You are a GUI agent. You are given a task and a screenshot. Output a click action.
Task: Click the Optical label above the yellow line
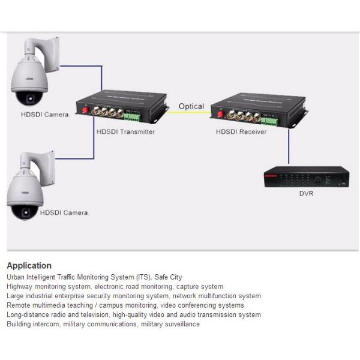[191, 106]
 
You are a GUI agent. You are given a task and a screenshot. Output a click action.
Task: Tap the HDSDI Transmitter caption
[125, 132]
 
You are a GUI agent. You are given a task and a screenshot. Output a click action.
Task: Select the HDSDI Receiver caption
[241, 132]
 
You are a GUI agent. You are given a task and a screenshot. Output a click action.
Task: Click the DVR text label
[306, 194]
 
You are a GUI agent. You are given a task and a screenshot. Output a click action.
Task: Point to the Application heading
[29, 266]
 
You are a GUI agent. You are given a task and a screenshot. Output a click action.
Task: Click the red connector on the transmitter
[86, 110]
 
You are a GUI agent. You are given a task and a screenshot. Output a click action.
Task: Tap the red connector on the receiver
[221, 113]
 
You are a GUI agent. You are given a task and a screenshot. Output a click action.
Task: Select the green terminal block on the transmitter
[133, 117]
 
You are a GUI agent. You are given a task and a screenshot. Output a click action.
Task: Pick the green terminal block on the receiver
[269, 122]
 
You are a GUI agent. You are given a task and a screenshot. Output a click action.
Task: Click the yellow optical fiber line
[189, 112]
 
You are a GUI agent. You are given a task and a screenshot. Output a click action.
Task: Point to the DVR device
[307, 176]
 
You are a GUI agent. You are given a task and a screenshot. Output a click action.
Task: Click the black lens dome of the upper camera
[29, 98]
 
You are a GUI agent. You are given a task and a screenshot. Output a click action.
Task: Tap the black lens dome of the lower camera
[25, 212]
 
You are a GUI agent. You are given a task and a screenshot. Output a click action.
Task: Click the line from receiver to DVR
[289, 146]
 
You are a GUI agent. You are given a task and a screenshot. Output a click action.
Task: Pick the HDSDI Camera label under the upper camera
[45, 115]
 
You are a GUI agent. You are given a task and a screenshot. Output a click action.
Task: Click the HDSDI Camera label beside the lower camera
[64, 213]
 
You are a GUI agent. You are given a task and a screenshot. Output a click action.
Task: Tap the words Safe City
[168, 277]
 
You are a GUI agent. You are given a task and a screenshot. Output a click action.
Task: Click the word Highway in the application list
[20, 287]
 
